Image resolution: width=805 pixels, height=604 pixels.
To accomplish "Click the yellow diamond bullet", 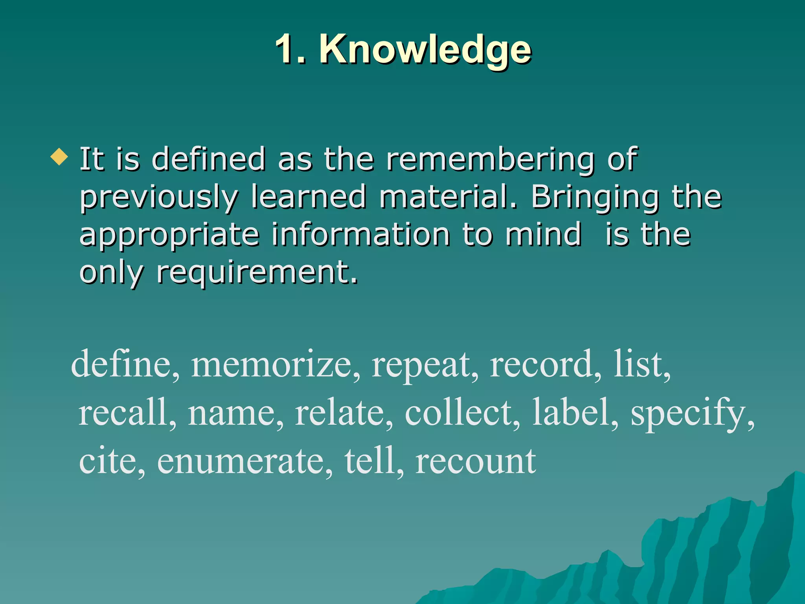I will (x=59, y=157).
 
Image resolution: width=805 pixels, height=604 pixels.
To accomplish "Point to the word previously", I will (x=159, y=198).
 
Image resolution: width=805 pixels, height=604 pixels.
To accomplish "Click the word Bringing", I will (x=595, y=198).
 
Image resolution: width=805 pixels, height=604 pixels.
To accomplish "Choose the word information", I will (x=360, y=235).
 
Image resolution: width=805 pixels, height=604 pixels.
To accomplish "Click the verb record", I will (x=545, y=365).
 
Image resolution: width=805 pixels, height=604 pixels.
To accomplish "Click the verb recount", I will (x=476, y=462).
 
